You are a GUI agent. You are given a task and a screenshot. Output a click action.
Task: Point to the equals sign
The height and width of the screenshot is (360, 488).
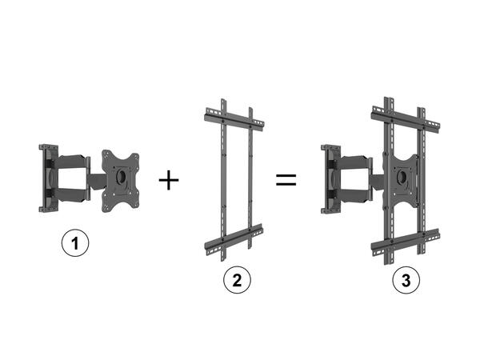[286, 180]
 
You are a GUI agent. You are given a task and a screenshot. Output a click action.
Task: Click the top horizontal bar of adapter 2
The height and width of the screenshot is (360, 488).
[232, 121]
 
